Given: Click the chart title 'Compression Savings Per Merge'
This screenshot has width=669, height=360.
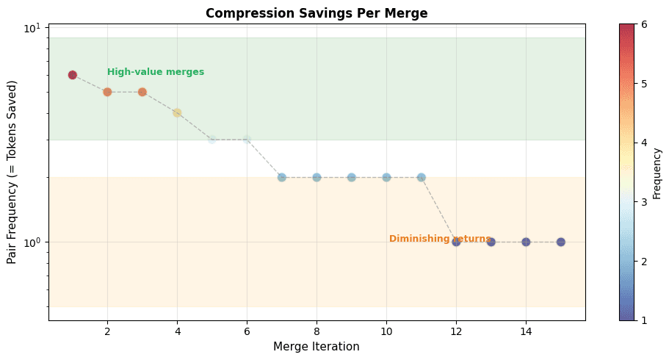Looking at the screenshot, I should point(317,13).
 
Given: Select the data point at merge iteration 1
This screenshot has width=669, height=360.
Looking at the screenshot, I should point(73,75).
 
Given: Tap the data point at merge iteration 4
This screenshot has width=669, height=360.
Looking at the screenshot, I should point(177,112).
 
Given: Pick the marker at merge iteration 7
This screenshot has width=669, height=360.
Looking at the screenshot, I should point(282,177).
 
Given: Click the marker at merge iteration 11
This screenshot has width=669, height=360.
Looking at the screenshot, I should point(422,177).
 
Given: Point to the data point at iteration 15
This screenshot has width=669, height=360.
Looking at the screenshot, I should point(561,242).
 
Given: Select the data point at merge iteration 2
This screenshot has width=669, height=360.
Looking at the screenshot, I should point(107,92).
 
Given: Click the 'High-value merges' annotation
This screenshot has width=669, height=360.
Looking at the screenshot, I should point(156,72).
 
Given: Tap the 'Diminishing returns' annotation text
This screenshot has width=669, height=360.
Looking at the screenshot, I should point(439,239).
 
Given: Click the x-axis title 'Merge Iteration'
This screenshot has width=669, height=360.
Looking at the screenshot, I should point(317,347).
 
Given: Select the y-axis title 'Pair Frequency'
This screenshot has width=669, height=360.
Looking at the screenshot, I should point(12,172).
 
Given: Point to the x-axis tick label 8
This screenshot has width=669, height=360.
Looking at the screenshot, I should point(317,331).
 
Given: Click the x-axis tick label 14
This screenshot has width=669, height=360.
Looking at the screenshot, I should point(526,331).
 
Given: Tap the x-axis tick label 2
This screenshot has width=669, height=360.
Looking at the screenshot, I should point(107,331).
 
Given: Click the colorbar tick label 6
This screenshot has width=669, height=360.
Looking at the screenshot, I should point(643,24).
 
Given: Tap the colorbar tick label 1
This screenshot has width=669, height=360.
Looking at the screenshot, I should point(643,320).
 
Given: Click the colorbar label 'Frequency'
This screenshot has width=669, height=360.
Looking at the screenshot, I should point(657,172).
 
